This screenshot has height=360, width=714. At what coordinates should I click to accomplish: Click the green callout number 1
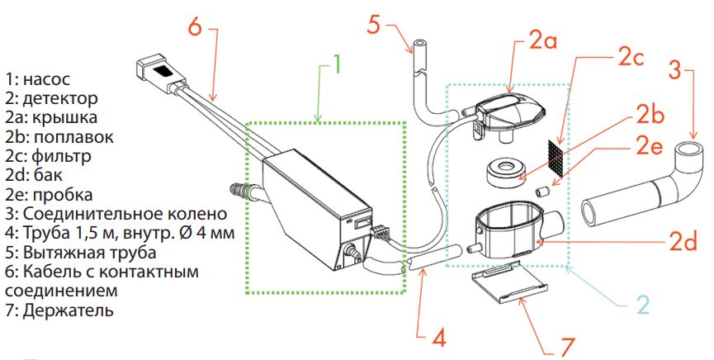[336, 64]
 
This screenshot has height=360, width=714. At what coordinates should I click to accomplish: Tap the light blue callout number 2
[643, 305]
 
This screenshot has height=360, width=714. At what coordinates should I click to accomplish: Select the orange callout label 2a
[541, 41]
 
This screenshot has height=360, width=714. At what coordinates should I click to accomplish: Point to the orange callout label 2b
[650, 115]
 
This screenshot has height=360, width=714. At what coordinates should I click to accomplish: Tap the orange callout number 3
[675, 71]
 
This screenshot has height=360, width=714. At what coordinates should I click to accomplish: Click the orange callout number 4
[438, 338]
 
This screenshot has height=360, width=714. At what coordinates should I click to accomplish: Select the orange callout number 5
[373, 24]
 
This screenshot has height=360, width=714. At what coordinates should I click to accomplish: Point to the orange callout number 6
[195, 26]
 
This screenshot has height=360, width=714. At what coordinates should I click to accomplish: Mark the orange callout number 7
[567, 347]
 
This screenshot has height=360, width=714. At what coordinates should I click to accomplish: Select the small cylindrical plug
[541, 191]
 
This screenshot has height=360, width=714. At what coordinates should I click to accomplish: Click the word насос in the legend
[46, 79]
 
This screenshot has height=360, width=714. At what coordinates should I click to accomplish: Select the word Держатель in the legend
[69, 310]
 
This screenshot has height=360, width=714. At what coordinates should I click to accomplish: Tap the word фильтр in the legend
[61, 157]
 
